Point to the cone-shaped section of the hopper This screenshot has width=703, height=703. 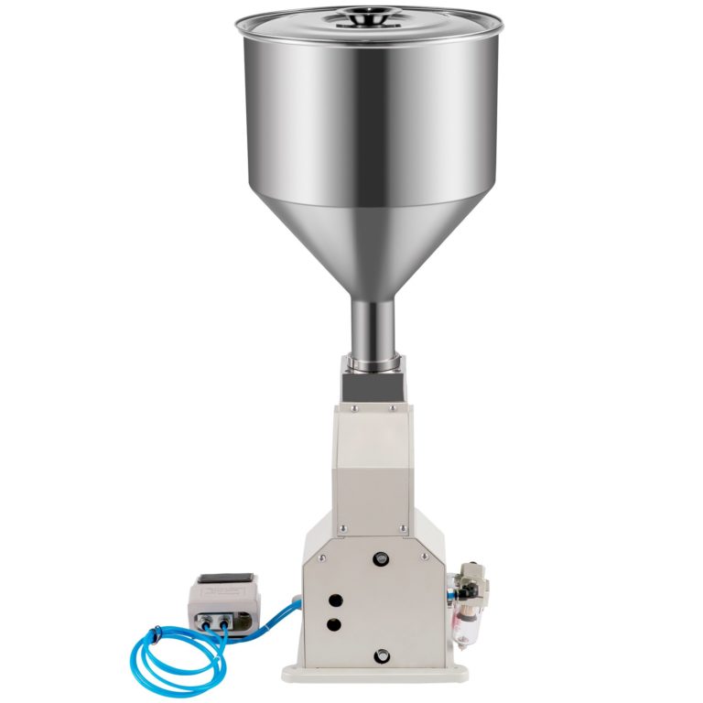[371, 247]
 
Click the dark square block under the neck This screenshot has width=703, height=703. [371, 384]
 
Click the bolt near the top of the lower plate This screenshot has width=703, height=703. [377, 556]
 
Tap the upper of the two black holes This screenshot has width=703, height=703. [335, 600]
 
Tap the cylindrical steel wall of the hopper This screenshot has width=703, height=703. [371, 119]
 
